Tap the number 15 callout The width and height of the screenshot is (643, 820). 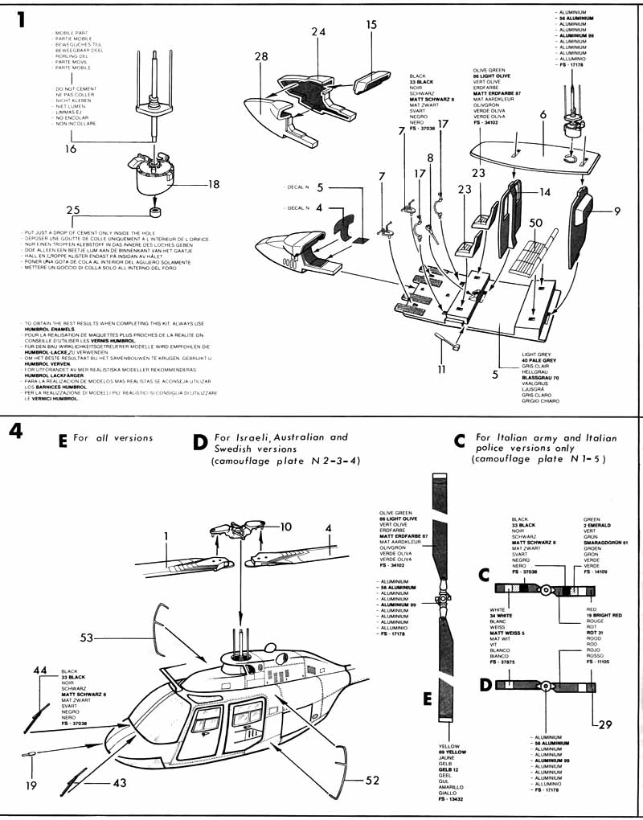tap(371, 25)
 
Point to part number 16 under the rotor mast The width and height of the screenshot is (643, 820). tap(71, 150)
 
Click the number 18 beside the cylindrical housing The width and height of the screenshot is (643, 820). tap(213, 184)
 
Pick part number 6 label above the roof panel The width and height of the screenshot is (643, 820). tap(543, 115)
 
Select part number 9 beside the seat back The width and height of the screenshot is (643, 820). tap(616, 211)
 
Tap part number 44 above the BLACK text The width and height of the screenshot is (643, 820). tap(40, 670)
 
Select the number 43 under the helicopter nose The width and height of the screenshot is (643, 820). tap(119, 781)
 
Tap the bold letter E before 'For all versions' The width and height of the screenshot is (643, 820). tap(63, 441)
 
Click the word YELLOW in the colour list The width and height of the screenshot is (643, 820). tap(449, 746)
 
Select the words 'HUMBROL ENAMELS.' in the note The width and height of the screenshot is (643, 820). tap(51, 329)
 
